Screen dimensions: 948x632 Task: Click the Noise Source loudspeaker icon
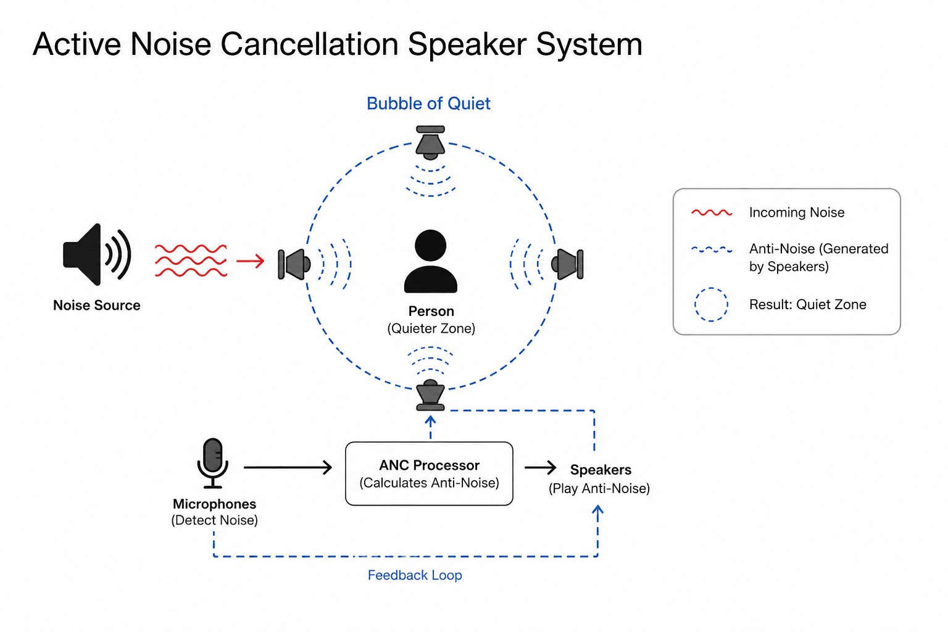pyautogui.click(x=97, y=254)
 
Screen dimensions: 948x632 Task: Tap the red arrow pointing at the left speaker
pyautogui.click(x=250, y=260)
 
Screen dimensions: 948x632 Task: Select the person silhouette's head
pyautogui.click(x=430, y=246)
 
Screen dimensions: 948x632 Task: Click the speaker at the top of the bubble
pyautogui.click(x=430, y=142)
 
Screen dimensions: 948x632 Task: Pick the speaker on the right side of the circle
pyautogui.click(x=568, y=264)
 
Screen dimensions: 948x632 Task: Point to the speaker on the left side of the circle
pyautogui.click(x=294, y=264)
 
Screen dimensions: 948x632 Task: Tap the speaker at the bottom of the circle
pyautogui.click(x=430, y=396)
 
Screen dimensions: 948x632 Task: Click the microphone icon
pyautogui.click(x=212, y=463)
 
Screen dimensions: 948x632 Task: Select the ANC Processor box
pyautogui.click(x=429, y=473)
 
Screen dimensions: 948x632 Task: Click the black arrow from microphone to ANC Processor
pyautogui.click(x=288, y=467)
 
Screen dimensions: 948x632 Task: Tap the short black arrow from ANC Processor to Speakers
pyautogui.click(x=540, y=467)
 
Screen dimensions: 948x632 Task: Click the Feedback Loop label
pyautogui.click(x=415, y=575)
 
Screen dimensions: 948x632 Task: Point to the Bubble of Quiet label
pyautogui.click(x=428, y=104)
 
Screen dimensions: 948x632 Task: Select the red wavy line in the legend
pyautogui.click(x=712, y=212)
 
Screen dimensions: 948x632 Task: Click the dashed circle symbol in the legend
pyautogui.click(x=711, y=304)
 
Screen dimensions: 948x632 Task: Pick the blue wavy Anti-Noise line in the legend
pyautogui.click(x=712, y=249)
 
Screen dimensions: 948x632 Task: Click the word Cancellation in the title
pyautogui.click(x=309, y=44)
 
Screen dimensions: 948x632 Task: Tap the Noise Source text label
pyautogui.click(x=96, y=306)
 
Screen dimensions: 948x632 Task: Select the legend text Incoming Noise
pyautogui.click(x=797, y=212)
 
